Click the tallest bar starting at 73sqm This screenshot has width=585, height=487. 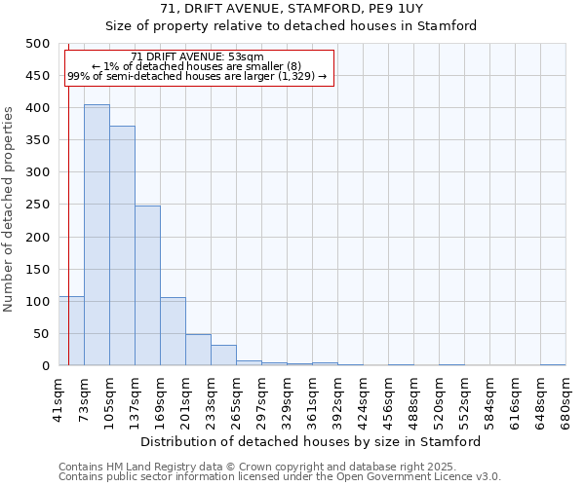coord(97,235)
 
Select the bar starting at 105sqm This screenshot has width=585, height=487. coord(122,245)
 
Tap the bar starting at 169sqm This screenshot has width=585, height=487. coord(173,331)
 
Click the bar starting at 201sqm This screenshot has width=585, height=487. coord(198,350)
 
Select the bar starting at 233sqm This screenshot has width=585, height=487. coord(223,356)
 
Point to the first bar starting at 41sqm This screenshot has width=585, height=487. coord(71,331)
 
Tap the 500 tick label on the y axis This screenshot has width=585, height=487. coord(38,44)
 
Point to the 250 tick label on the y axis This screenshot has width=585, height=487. coord(38,205)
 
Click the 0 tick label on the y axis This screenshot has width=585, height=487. coord(46,366)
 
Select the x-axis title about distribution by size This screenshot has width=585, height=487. coord(310,441)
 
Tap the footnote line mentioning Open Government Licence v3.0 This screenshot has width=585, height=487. coord(280,477)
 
